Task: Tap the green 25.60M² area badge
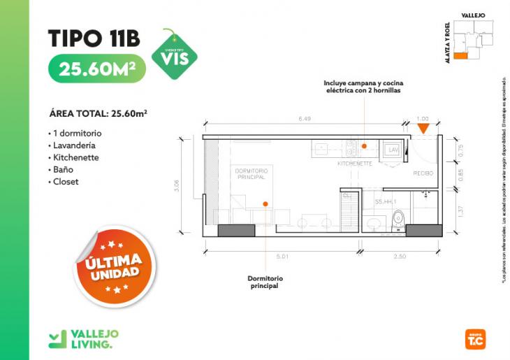pyautogui.click(x=97, y=69)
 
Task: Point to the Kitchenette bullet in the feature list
pyautogui.click(x=75, y=157)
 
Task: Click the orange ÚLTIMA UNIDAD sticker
pyautogui.click(x=114, y=267)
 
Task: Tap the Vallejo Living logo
pyautogui.click(x=80, y=338)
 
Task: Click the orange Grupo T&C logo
pyautogui.click(x=474, y=339)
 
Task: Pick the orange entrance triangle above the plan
pyautogui.click(x=423, y=128)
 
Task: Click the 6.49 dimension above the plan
pyautogui.click(x=305, y=119)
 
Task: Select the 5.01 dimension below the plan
pyautogui.click(x=284, y=257)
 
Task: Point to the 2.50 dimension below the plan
pyautogui.click(x=399, y=257)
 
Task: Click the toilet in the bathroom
pyautogui.click(x=399, y=221)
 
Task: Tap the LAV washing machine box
pyautogui.click(x=392, y=151)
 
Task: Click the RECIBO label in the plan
pyautogui.click(x=423, y=173)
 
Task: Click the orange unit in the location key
pyautogui.click(x=460, y=57)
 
